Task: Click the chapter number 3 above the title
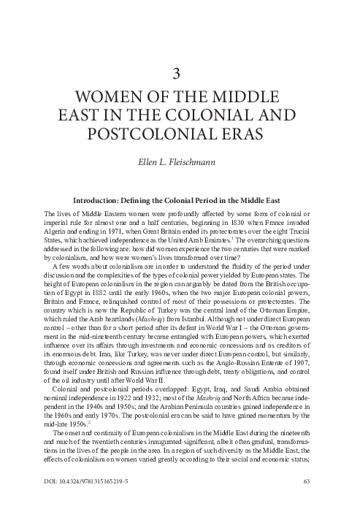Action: [x=180, y=72]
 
